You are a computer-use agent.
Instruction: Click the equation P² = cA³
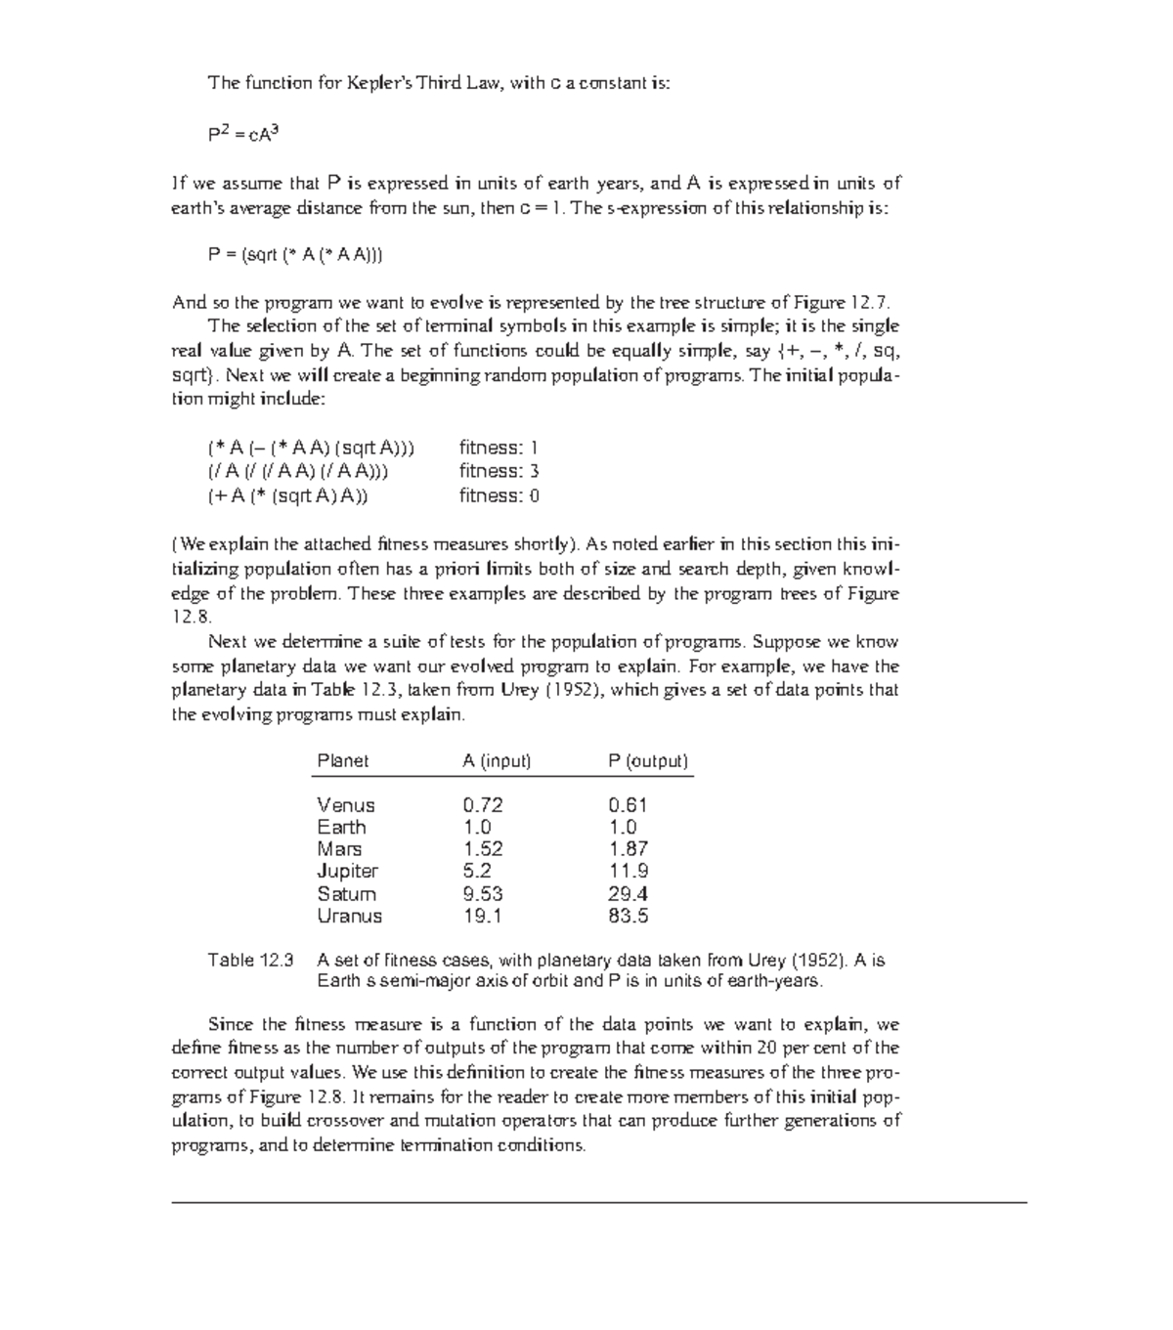[243, 135]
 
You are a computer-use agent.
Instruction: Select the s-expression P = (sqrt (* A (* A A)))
[295, 255]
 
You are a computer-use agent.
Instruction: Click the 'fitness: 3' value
[500, 471]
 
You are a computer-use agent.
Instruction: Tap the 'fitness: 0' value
[500, 495]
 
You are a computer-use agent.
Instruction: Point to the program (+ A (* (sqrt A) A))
[288, 495]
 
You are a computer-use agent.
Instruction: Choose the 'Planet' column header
[343, 760]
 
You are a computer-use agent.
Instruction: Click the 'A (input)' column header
[497, 760]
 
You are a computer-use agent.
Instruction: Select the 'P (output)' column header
[648, 760]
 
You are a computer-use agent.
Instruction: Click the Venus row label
[346, 805]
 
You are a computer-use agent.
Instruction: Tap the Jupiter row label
[347, 871]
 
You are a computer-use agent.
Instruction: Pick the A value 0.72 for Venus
[483, 805]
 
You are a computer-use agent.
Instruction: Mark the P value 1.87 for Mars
[628, 849]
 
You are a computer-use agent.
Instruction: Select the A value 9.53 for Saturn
[483, 893]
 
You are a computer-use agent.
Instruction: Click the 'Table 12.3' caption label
[250, 960]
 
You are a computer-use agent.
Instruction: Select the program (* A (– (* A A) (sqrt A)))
[311, 448]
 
